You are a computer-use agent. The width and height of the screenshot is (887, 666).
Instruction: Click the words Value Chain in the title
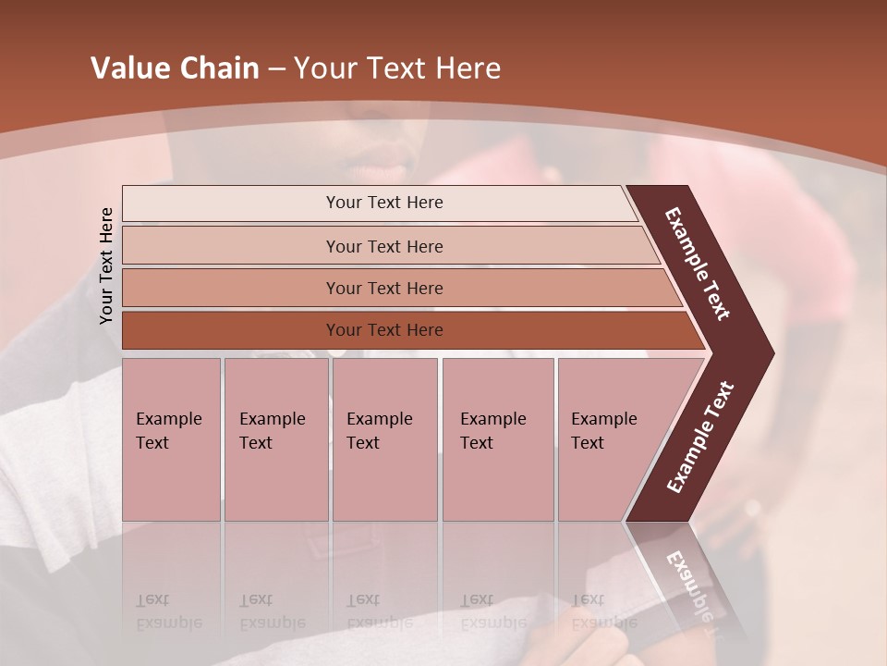[x=175, y=68]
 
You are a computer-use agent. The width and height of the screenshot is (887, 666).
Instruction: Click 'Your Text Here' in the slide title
[x=397, y=68]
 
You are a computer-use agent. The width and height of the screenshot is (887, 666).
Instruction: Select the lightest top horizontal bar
[x=383, y=203]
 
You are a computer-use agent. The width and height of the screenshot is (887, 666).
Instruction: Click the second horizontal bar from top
[x=383, y=246]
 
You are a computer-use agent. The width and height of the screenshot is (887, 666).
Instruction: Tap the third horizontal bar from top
[x=383, y=288]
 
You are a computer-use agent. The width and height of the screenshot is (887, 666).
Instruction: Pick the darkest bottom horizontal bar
[x=383, y=330]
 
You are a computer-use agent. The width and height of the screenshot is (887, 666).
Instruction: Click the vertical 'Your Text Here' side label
[x=107, y=265]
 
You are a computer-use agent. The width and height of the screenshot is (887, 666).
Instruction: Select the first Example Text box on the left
[x=171, y=439]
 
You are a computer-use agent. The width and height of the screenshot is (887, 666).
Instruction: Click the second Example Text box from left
[x=275, y=439]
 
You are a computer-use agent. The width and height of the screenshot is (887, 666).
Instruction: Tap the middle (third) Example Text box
[x=384, y=439]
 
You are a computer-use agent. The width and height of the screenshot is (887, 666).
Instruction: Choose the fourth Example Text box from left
[x=497, y=439]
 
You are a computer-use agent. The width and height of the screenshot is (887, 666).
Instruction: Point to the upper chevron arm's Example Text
[x=698, y=264]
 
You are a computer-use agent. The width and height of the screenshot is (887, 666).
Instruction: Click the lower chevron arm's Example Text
[x=699, y=437]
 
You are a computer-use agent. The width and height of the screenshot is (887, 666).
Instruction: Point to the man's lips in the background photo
[x=379, y=169]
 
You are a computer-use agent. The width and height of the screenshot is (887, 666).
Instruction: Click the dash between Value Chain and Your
[x=276, y=69]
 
